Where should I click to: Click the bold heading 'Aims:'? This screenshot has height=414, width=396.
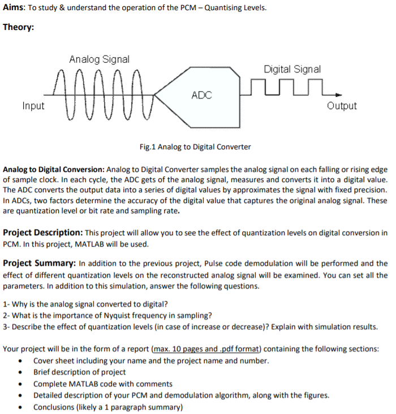14,8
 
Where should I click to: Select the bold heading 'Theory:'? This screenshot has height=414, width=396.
18,27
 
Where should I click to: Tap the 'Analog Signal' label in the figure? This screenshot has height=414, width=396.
99,59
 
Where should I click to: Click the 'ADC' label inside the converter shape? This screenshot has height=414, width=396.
201,95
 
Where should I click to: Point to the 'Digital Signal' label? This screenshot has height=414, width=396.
292,69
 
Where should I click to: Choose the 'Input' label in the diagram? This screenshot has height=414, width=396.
33,106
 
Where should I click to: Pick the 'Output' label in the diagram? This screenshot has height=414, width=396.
342,106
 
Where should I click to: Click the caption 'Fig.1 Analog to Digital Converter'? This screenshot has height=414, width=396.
195,147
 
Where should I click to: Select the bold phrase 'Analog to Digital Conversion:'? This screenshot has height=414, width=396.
54,170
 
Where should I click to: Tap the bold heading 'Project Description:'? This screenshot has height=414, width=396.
43,233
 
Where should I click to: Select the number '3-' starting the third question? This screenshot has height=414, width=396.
6,326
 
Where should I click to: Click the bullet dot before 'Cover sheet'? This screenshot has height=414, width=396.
21,361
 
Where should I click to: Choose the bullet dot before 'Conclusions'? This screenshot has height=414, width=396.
21,407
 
